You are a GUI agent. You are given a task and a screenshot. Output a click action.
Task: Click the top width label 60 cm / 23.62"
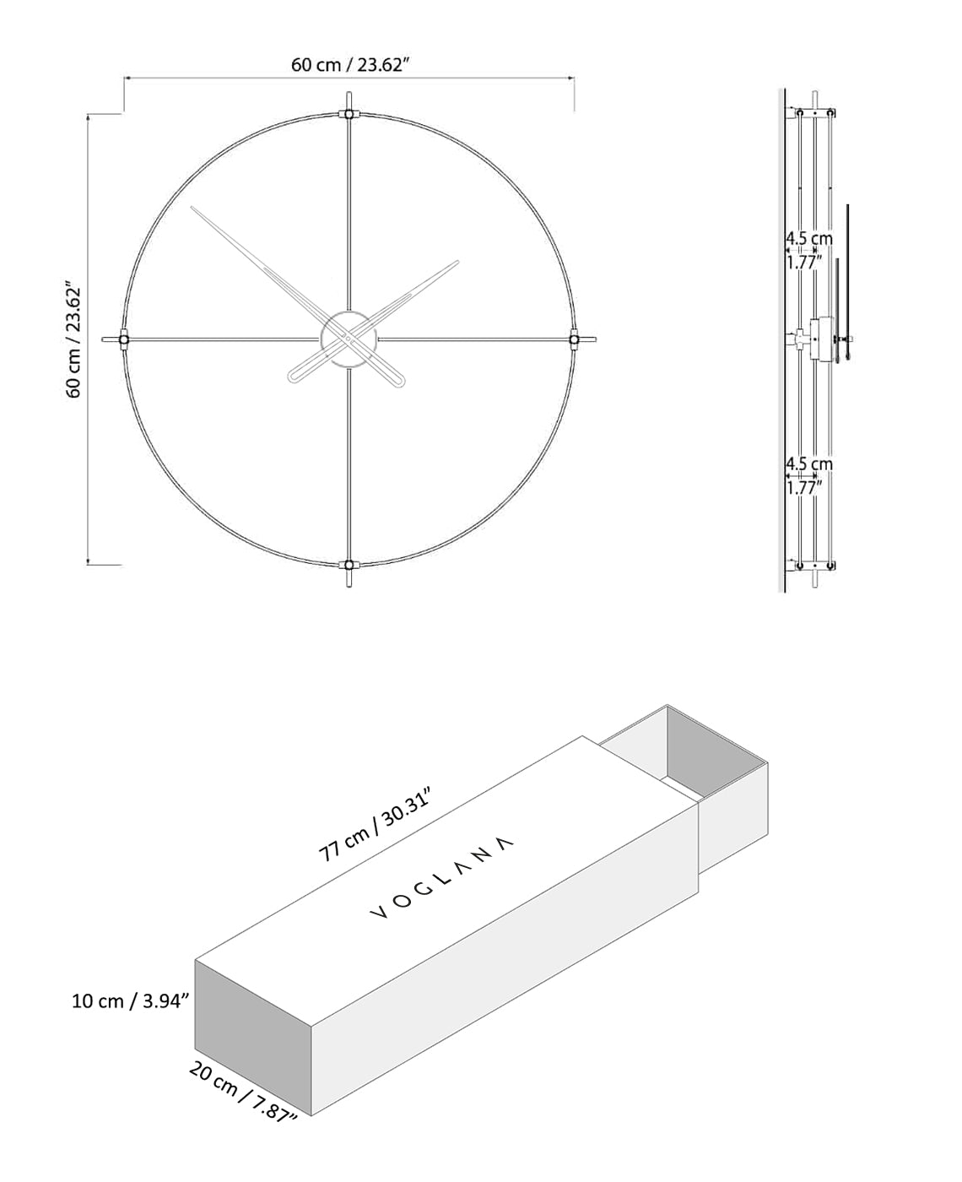point(350,66)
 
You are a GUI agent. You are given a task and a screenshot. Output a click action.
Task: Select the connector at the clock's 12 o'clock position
point(349,114)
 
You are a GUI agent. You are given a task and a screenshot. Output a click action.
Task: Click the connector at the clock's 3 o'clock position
point(574,339)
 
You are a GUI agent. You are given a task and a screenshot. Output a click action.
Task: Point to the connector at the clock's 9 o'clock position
point(124,339)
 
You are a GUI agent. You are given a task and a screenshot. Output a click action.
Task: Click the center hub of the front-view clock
point(349,339)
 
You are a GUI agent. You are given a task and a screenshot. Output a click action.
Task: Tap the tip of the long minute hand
point(193,209)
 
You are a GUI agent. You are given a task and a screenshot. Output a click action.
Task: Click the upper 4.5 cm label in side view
point(808,239)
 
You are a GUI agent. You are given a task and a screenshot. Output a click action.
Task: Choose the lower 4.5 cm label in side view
point(808,464)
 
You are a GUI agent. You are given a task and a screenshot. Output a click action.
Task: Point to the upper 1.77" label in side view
point(804,263)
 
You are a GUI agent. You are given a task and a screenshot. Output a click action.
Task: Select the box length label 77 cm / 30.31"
point(376,825)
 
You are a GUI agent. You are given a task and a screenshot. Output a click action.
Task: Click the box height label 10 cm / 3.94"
point(130,1001)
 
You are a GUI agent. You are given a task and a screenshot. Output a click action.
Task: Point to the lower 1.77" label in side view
point(804,487)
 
